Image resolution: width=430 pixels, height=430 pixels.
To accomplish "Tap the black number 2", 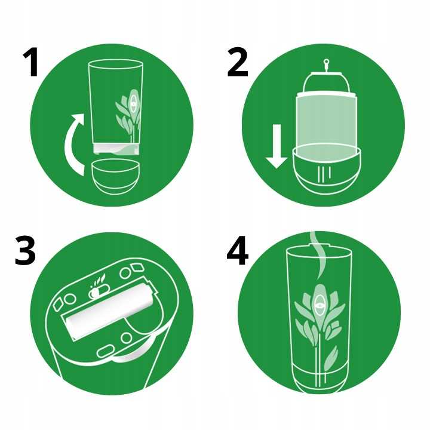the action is [238, 64].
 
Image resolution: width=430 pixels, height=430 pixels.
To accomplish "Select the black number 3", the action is [25, 251].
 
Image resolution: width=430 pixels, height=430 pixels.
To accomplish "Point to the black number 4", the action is [238, 252].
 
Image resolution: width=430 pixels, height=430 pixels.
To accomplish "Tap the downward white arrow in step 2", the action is [277, 146].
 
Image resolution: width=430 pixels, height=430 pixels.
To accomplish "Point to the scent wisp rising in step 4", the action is [318, 255].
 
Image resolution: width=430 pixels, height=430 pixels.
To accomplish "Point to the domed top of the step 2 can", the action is [326, 83].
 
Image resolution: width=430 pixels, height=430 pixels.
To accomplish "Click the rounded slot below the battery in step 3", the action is [106, 351].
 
